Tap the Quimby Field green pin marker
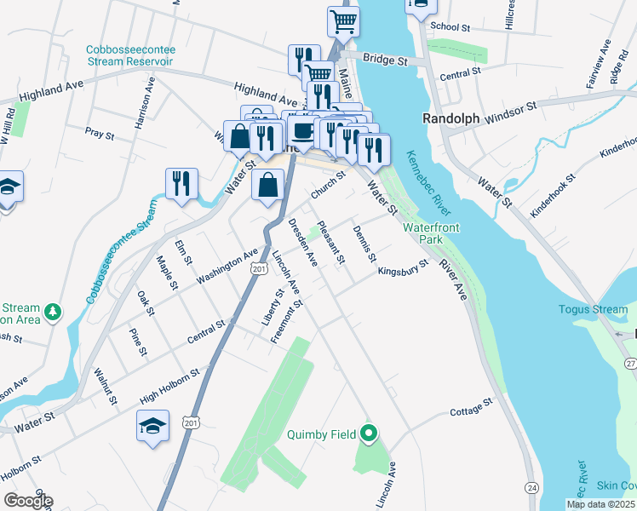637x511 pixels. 369,434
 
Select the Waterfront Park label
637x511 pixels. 423,234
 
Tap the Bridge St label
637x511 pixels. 386,60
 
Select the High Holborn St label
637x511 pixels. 169,386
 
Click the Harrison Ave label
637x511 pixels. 143,104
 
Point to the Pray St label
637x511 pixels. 100,132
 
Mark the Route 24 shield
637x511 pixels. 532,487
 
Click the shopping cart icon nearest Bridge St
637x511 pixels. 343,20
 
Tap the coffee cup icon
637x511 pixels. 302,130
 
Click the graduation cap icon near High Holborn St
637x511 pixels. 152,424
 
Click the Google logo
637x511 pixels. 28,501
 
